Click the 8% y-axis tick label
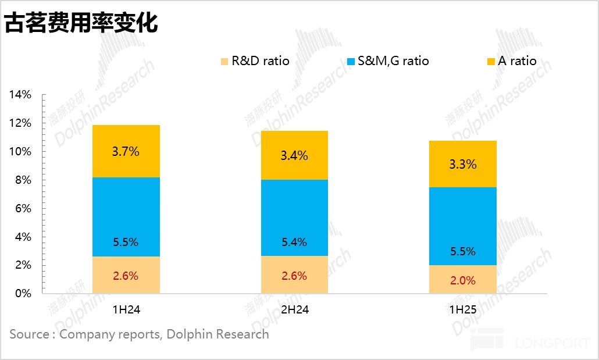[23, 180]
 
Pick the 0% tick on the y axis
[23, 294]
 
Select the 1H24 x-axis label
[126, 310]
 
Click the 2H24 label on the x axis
[294, 310]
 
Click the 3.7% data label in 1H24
[126, 152]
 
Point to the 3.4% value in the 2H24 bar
[294, 156]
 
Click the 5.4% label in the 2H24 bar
[294, 243]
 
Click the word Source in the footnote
[30, 334]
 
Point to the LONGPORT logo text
[552, 344]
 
